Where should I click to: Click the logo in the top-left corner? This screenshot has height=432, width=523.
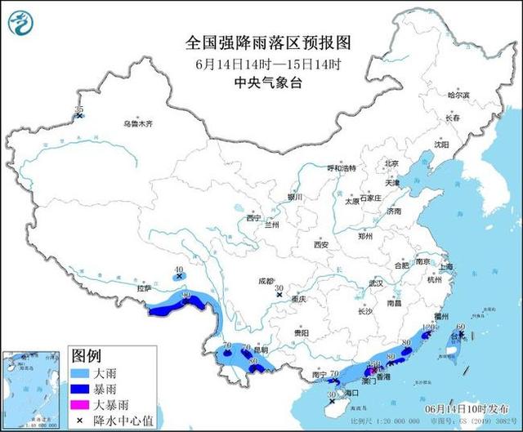(23, 24)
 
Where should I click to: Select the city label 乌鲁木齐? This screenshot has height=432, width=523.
(138, 124)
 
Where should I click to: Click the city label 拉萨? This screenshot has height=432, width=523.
(144, 288)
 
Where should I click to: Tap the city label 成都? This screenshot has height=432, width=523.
(266, 280)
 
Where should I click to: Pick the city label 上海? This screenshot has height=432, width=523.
(445, 266)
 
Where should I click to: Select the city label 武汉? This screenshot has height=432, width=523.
(376, 283)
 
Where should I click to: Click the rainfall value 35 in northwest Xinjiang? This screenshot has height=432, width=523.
(79, 109)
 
